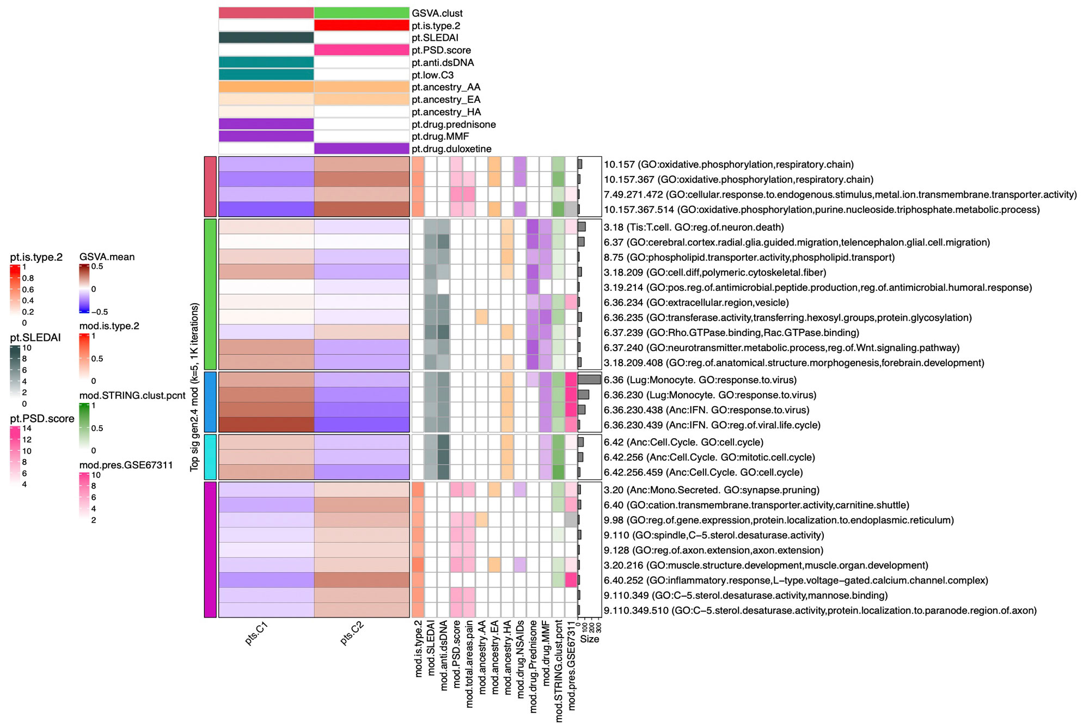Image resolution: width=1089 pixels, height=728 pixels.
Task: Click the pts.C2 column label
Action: coord(351,633)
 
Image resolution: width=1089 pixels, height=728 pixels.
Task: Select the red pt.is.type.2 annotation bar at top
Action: coord(362,26)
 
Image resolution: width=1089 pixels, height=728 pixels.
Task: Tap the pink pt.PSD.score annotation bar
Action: coord(362,50)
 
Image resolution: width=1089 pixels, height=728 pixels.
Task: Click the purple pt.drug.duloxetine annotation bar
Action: coord(362,149)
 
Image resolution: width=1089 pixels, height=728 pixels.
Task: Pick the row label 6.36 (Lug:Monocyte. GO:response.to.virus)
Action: coord(700,380)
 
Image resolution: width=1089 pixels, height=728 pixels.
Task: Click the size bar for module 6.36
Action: coord(589,380)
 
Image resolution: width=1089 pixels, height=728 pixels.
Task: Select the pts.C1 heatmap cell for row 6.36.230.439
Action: coord(266,425)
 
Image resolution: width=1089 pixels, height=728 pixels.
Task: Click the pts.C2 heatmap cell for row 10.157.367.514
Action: coord(362,210)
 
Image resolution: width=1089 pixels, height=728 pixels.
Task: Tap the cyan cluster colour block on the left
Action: coord(210,457)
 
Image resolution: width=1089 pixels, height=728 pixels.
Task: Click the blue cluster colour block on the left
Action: coord(210,402)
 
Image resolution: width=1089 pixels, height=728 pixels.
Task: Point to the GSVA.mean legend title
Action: coord(107,257)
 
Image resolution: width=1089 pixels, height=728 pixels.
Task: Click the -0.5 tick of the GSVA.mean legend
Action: coord(99,312)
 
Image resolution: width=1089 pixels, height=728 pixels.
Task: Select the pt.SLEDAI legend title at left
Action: coord(35,338)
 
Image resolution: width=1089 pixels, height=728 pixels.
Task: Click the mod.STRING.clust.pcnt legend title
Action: coord(132,395)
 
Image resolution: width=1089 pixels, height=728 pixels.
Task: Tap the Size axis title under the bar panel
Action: coord(589,639)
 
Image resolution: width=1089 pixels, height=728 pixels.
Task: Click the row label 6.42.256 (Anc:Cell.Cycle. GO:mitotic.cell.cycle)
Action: coord(709,457)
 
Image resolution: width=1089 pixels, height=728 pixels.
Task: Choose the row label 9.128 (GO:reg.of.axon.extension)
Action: coord(713,550)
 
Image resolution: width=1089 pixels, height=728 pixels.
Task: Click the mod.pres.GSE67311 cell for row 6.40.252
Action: coord(571,580)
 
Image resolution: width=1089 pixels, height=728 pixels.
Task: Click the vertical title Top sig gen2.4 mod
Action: coord(194,387)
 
